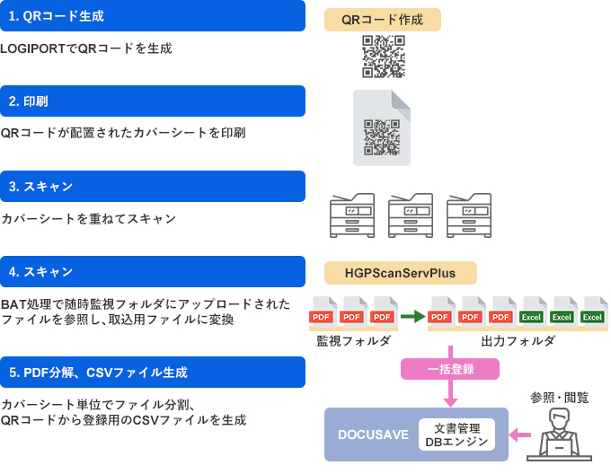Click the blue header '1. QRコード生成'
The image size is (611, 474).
153,16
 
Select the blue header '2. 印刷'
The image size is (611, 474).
153,101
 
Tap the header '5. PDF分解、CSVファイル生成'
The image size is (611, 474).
153,372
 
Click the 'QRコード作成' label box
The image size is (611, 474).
383,20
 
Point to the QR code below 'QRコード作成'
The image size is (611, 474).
384,57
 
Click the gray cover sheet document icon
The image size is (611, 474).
382,127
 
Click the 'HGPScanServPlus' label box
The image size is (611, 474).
401,272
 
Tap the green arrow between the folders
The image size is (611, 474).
412,316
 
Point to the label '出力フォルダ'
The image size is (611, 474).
518,341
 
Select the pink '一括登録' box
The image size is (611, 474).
450,369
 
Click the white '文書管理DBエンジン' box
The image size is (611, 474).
456,434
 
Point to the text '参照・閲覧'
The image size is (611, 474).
559,397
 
